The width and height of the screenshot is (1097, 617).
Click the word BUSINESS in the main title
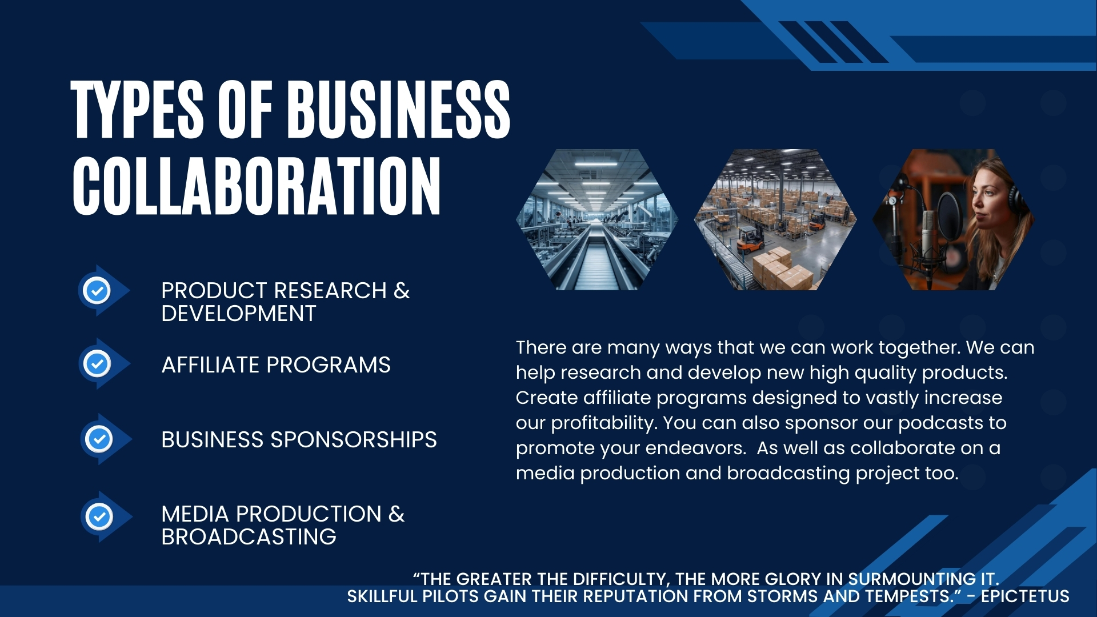pos(398,109)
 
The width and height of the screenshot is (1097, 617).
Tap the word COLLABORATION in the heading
pos(257,186)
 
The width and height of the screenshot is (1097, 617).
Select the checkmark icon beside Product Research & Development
pos(97,290)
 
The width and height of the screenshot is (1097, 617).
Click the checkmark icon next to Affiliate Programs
pos(97,363)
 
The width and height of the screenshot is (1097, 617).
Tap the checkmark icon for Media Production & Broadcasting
pos(99,516)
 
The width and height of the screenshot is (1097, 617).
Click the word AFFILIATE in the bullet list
pos(211,364)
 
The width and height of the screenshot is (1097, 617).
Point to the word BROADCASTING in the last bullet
pos(249,536)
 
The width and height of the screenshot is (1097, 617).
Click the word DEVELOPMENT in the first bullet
pos(239,313)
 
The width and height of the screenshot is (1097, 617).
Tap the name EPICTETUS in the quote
pos(1025,596)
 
